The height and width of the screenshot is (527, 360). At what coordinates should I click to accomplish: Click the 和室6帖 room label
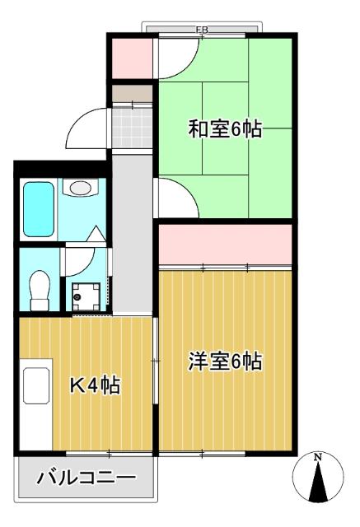225,129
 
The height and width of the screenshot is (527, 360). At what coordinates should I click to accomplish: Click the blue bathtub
38,209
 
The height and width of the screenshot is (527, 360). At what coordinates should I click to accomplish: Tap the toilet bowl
38,290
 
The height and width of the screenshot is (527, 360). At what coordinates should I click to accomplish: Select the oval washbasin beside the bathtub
81,188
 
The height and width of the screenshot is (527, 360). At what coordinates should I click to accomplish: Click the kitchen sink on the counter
35,385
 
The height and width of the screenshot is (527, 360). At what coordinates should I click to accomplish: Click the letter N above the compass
317,457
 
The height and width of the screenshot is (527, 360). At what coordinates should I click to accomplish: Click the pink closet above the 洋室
225,245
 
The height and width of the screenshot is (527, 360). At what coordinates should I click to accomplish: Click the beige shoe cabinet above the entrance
132,96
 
